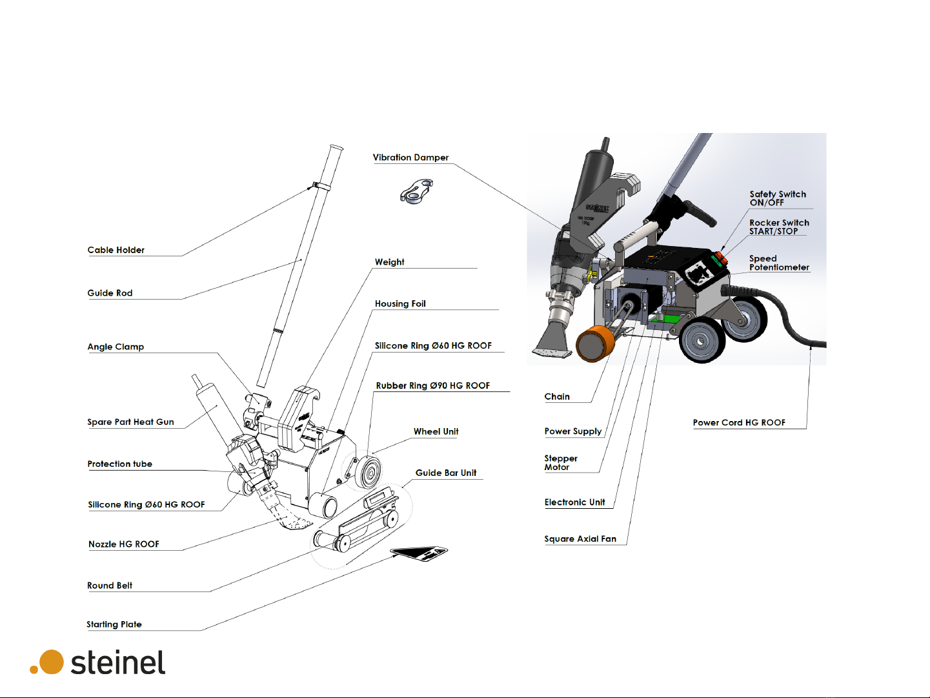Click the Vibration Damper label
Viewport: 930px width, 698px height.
(x=410, y=158)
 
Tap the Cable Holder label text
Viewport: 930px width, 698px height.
(x=116, y=250)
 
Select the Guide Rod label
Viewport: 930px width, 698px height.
(x=110, y=293)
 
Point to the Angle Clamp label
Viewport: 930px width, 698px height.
(x=116, y=347)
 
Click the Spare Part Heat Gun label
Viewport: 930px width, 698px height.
(x=130, y=422)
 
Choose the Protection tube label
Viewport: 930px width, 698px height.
(x=120, y=464)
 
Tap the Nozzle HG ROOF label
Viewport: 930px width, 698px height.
(x=124, y=544)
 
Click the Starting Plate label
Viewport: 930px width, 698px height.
(x=114, y=624)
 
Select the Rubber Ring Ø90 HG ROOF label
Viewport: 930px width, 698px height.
(x=433, y=386)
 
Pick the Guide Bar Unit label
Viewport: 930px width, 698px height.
(x=446, y=473)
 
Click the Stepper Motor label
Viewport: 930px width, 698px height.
(x=560, y=463)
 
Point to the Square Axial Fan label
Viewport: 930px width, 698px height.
(x=580, y=539)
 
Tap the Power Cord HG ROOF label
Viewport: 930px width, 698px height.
(x=739, y=423)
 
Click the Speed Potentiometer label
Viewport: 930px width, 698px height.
(x=779, y=263)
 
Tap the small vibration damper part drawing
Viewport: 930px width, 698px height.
(x=416, y=192)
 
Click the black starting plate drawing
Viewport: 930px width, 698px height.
(x=420, y=553)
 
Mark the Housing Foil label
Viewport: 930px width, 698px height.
(x=400, y=304)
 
